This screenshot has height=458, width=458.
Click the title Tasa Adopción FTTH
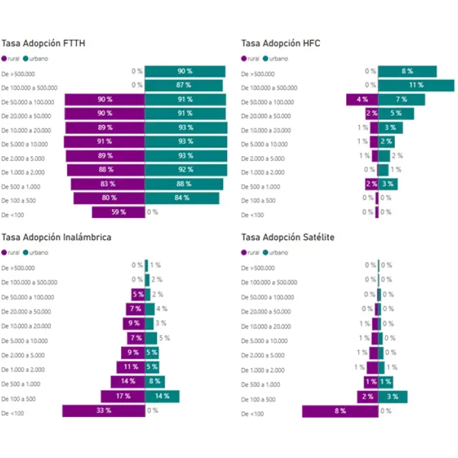pos(43,44)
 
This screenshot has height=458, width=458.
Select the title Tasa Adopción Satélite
pos(288,237)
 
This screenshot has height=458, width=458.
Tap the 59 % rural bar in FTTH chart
pos(118,212)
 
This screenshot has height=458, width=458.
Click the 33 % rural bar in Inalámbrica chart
pos(103,411)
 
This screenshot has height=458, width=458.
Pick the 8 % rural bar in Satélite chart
pos(340,411)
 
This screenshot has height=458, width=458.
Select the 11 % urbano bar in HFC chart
pos(416,85)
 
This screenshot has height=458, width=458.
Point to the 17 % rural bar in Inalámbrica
pos(122,396)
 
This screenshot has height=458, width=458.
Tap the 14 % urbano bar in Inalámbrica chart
pos(162,396)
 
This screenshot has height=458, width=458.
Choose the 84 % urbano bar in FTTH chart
pos(182,198)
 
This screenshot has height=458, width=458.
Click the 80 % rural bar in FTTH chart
pos(109,198)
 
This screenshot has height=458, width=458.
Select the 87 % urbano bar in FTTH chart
pos(183,85)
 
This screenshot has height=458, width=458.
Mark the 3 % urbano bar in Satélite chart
pos(392,397)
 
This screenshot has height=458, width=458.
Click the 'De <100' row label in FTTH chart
pos(14,214)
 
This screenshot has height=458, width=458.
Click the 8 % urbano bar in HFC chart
pos(407,72)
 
